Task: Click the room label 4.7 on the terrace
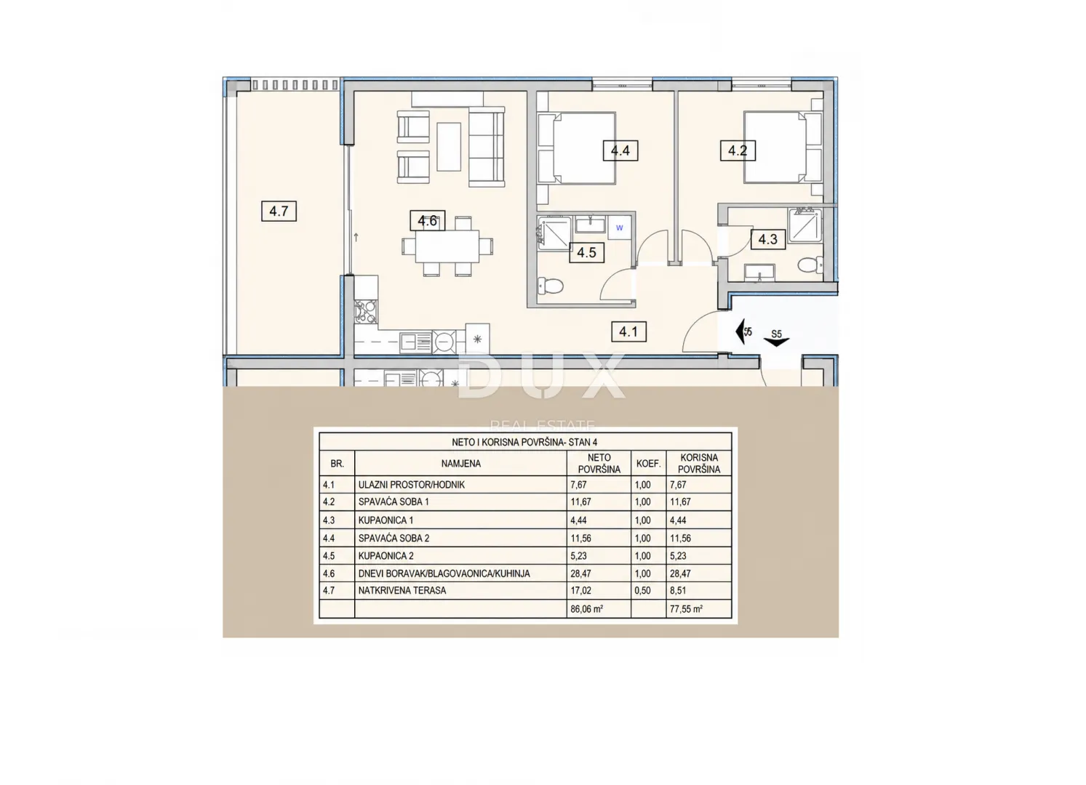point(279,212)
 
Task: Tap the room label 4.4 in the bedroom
point(620,150)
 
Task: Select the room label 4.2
point(738,150)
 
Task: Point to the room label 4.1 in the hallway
point(628,332)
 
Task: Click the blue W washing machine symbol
point(619,228)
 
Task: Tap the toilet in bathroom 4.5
point(551,286)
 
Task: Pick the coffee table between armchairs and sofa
point(449,146)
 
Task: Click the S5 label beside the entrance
point(776,334)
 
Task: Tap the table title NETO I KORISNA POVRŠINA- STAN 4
point(524,442)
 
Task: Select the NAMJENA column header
point(460,464)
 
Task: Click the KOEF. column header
point(648,464)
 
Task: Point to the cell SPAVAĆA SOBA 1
point(394,502)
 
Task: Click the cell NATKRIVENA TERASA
point(402,591)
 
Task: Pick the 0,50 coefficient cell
point(643,591)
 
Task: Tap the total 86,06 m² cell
point(586,609)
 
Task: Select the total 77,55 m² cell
point(686,609)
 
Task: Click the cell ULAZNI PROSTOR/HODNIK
point(411,485)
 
